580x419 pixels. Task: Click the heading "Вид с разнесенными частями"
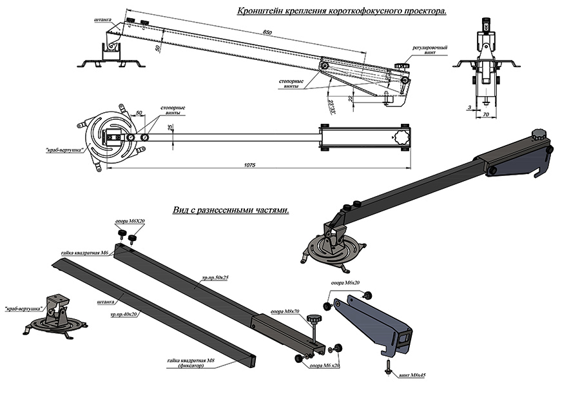click(231, 210)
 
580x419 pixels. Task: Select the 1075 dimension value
click(250, 166)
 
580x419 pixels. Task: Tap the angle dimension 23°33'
click(331, 104)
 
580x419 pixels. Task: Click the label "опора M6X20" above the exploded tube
click(130, 222)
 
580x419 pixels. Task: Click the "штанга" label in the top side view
click(102, 20)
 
